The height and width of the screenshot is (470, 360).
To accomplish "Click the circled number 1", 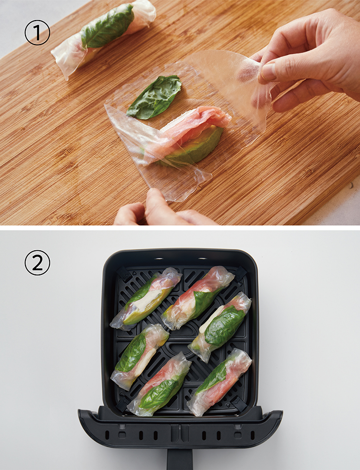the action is coord(37,33).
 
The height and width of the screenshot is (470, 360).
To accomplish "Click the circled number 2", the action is coord(37,263).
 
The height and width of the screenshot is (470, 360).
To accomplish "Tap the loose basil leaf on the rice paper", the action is coord(155,96).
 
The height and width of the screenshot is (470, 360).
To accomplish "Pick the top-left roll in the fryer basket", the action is coord(146,298).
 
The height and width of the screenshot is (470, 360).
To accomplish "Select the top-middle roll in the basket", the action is coord(197,298).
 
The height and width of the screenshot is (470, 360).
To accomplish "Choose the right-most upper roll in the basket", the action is coord(220,327).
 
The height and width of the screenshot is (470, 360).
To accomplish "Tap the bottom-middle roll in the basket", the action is coord(159,384).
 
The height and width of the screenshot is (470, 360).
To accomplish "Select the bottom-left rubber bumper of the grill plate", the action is coord(123,403).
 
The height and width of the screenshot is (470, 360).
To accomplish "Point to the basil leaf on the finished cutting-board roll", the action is coord(107,26).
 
